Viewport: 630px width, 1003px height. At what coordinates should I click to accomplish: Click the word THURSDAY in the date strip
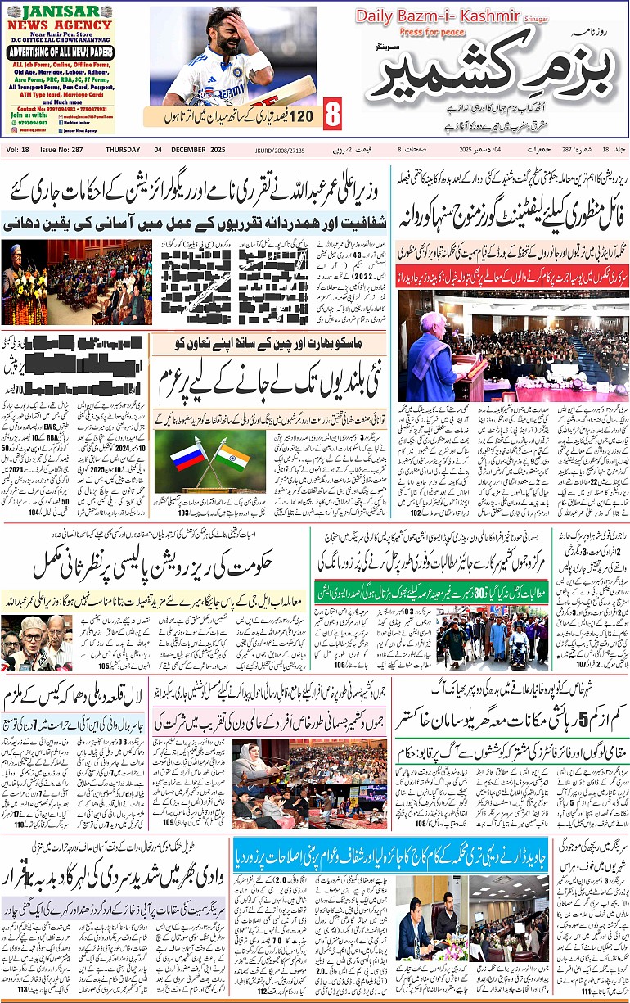[x=124, y=150]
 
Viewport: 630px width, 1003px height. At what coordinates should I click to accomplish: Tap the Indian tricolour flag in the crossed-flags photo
[x=231, y=457]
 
